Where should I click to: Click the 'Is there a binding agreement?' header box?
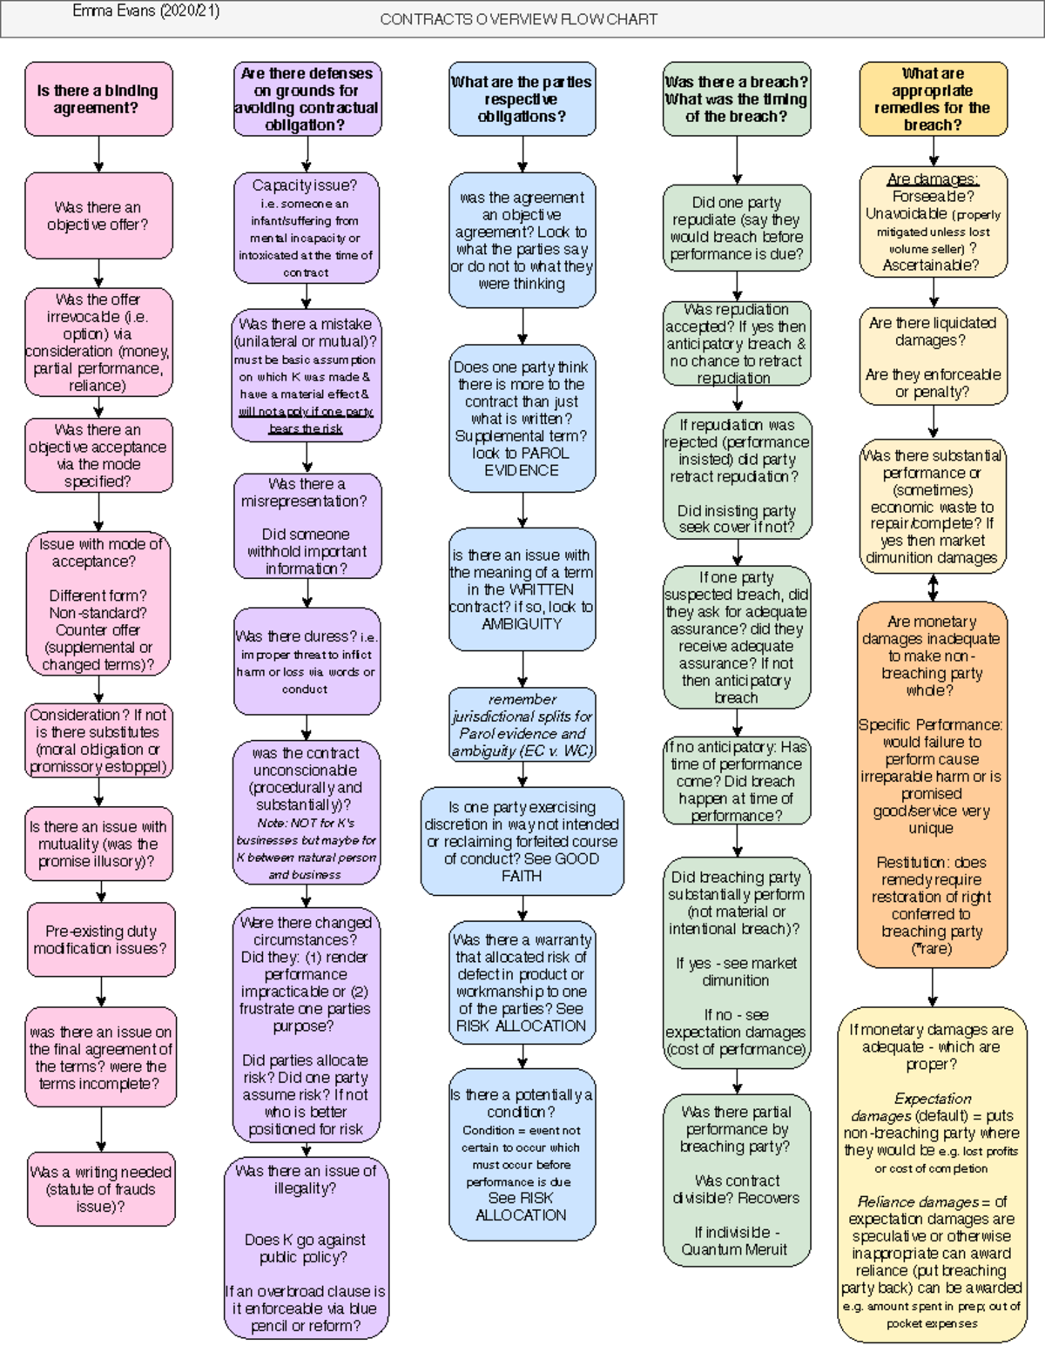coord(98,99)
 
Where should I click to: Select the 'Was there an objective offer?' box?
coord(98,215)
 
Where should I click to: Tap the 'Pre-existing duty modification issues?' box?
coord(100,939)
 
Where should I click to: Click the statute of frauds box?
coord(101,1188)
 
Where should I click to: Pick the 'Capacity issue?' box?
coord(306,227)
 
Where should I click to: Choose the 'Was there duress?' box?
coord(307,662)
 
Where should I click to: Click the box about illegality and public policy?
coord(306,1247)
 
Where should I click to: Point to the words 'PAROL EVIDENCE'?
coord(522,461)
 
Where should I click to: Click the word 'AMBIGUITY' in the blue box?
coord(522,623)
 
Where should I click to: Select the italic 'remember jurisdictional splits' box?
coord(522,724)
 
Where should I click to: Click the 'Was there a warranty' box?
coord(522,982)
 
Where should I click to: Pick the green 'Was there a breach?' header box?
coord(736,99)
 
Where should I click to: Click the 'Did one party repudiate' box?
coord(737,228)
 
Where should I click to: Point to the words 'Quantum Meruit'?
coord(735,1249)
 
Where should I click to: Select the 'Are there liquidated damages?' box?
coord(933,356)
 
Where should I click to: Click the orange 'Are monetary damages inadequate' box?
coord(932,784)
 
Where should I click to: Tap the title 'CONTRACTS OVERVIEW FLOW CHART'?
coord(519,19)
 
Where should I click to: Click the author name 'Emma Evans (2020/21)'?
coord(146,11)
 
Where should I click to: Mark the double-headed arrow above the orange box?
coord(933,589)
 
